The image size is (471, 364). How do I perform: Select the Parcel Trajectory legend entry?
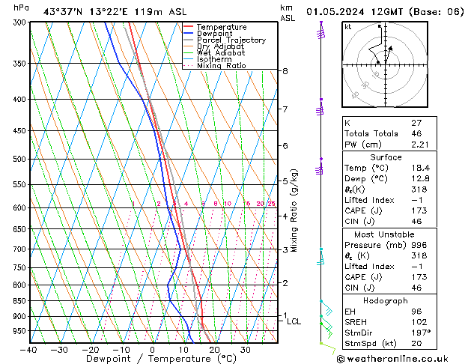pos(231,40)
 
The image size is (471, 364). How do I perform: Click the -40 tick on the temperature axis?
pos(30,350)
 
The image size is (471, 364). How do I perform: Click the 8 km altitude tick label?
pos(285,71)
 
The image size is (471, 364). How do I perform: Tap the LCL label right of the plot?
pos(294,321)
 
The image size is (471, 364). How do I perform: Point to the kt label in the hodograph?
pos(348,26)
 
